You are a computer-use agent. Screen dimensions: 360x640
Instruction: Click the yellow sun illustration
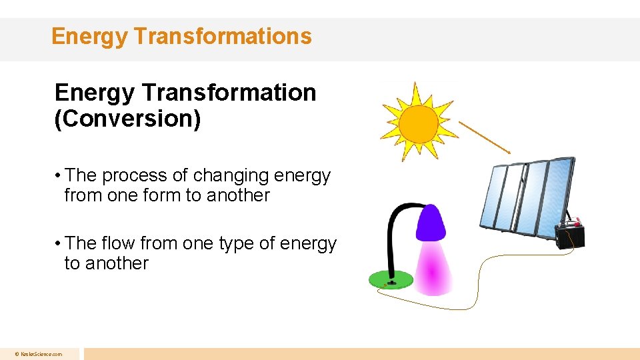418,123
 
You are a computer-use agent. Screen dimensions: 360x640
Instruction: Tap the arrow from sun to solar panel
485,137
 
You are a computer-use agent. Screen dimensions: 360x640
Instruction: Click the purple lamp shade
431,223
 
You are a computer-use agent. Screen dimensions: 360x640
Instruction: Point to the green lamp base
391,279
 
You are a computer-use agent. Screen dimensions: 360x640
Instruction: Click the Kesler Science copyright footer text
40,354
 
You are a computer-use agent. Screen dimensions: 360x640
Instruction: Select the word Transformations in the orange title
223,36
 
